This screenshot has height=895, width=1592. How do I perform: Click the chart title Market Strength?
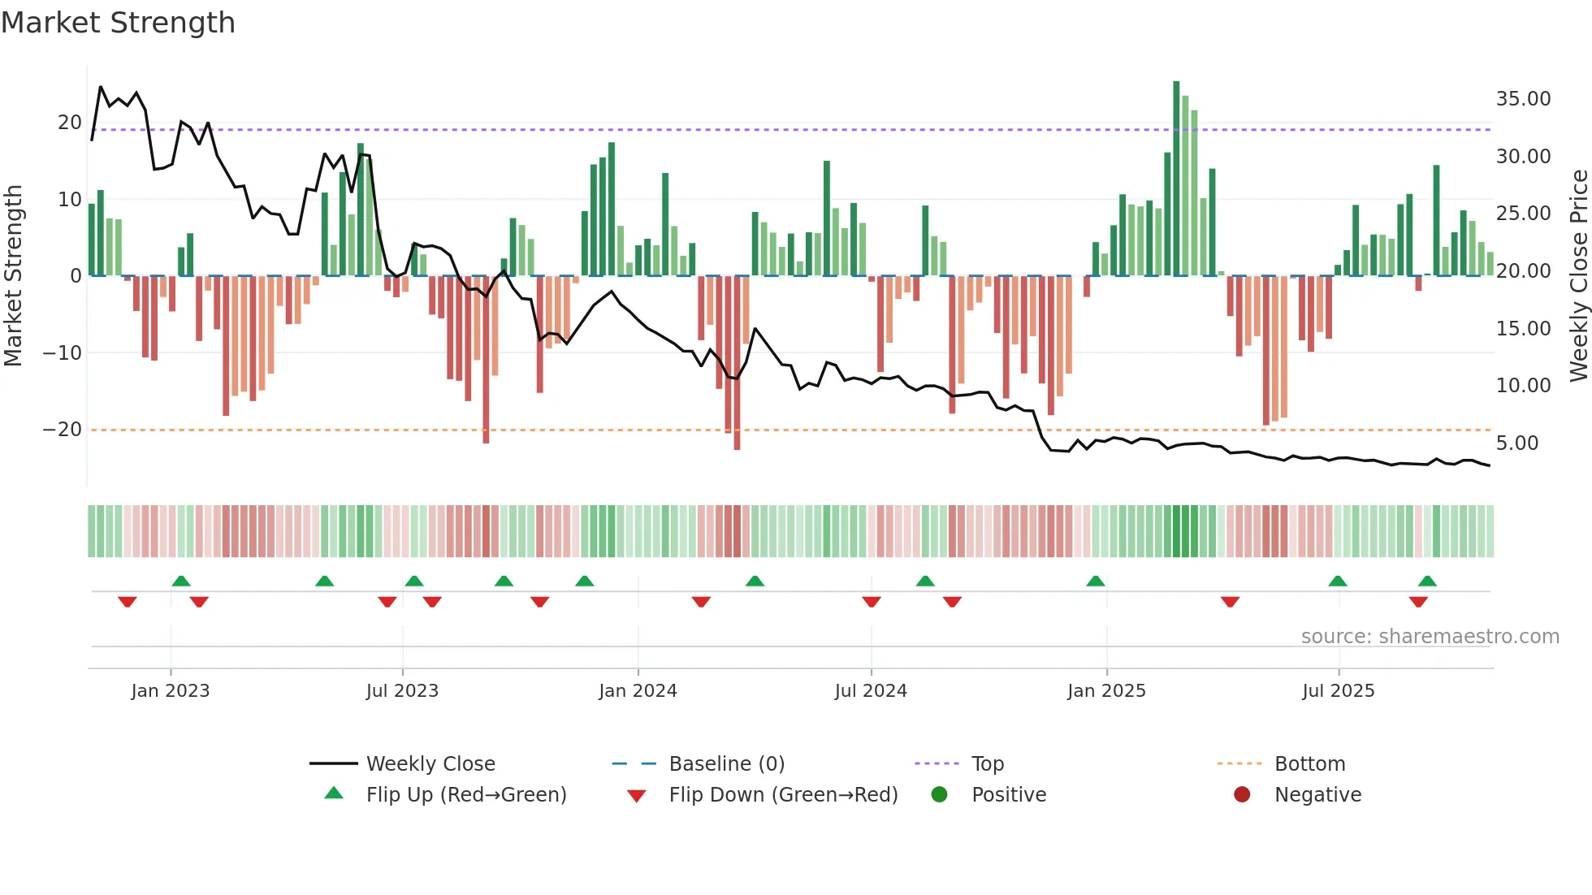pyautogui.click(x=118, y=23)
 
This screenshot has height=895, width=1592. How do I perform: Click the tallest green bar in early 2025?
pyautogui.click(x=1176, y=179)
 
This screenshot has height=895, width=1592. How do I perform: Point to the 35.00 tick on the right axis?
pyautogui.click(x=1523, y=99)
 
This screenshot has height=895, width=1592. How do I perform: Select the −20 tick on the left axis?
pyautogui.click(x=63, y=430)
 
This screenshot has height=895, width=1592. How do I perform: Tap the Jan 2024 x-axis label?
pyautogui.click(x=638, y=691)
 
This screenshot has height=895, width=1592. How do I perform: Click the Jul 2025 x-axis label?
pyautogui.click(x=1338, y=691)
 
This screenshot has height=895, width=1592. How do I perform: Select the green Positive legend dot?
pyautogui.click(x=940, y=795)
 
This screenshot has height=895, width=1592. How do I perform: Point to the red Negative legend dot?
pyautogui.click(x=1242, y=795)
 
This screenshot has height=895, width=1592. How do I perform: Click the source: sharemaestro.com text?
pyautogui.click(x=1430, y=637)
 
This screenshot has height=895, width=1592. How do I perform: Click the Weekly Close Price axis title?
pyautogui.click(x=1578, y=276)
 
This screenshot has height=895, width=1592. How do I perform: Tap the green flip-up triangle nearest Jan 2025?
pyautogui.click(x=1096, y=582)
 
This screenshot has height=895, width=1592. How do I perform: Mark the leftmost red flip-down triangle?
pyautogui.click(x=128, y=602)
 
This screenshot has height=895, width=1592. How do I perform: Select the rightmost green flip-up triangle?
pyautogui.click(x=1427, y=582)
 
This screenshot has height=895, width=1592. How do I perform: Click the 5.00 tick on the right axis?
pyautogui.click(x=1516, y=443)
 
